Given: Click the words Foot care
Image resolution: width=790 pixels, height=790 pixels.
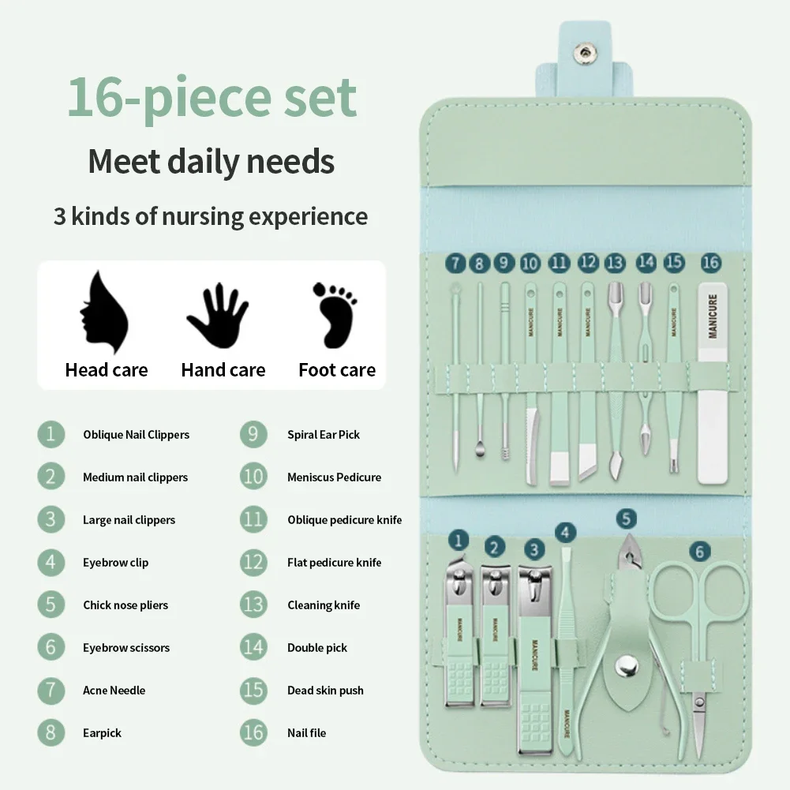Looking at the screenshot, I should click(337, 370).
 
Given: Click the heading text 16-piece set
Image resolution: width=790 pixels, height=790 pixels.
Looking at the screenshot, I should click(212, 98).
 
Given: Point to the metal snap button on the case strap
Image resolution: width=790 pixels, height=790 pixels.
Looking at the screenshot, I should click(585, 53).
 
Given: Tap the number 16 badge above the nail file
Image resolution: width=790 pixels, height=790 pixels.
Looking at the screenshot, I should click(710, 262).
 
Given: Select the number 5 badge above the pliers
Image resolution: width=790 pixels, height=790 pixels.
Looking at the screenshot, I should click(626, 519).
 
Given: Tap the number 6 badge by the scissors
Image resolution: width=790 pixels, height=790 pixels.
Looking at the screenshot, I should click(698, 551).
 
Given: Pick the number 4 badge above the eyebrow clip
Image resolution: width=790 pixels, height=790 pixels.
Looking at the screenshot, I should click(566, 533).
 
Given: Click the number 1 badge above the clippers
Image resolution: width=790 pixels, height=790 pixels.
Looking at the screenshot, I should click(459, 541).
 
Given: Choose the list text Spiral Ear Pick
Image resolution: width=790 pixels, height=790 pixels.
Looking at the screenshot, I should click(324, 435).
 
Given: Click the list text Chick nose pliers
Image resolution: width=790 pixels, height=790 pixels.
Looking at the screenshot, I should click(125, 605).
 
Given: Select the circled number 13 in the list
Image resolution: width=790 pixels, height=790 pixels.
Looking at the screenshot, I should click(253, 605).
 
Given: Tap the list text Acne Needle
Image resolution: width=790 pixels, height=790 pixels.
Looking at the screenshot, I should click(114, 691).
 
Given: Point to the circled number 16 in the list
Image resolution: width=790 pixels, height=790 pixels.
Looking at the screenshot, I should click(253, 733).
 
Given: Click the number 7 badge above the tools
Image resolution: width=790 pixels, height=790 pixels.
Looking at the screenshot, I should click(455, 263).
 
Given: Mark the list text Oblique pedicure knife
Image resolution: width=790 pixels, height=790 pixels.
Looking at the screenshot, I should click(344, 520).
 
